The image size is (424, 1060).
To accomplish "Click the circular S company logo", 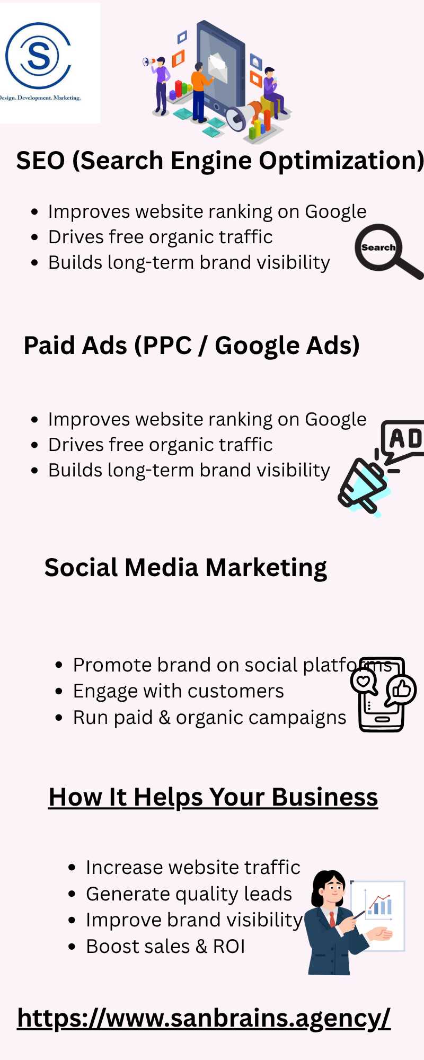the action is tap(38, 55).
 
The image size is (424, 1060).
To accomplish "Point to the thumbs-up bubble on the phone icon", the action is tap(401, 690).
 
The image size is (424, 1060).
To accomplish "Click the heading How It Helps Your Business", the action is tap(213, 797).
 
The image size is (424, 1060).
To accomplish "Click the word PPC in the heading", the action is tap(166, 346).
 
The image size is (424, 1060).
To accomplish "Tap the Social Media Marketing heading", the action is tap(185, 568).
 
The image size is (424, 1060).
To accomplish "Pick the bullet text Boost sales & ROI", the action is tap(165, 946).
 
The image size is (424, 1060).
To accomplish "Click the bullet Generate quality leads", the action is tap(189, 894).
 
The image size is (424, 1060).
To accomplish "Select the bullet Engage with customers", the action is tap(178, 691).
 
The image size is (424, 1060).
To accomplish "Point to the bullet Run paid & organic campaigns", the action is tap(209, 718).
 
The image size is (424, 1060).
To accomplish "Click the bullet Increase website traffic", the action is tap(193, 868).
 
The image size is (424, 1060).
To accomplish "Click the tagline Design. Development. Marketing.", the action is tap(40, 98).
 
